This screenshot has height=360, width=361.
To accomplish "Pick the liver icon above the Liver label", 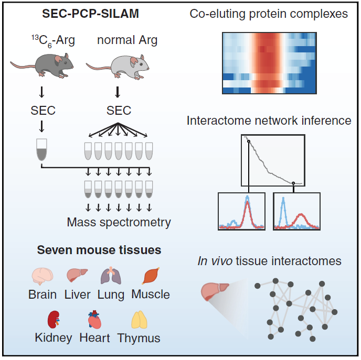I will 77,275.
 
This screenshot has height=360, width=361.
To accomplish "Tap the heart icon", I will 94,319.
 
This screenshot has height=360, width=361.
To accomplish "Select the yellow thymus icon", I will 139,320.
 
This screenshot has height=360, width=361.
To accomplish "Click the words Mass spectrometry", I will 119,222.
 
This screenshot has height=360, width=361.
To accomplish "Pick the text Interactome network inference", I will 269,121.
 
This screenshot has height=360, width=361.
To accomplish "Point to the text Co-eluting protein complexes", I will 269,14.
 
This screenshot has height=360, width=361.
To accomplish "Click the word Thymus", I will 139,338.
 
